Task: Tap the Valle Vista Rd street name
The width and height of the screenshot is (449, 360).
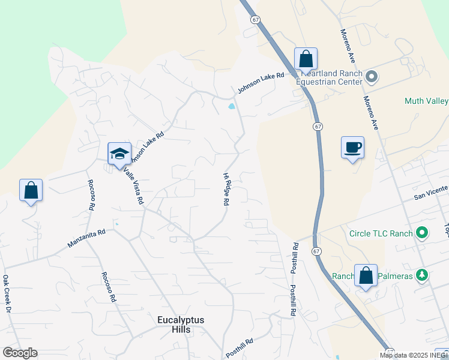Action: click(x=133, y=185)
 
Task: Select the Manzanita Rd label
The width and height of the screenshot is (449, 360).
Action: click(x=86, y=238)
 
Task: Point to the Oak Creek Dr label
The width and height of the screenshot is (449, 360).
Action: click(x=7, y=293)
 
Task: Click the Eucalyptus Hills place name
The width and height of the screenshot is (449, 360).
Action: click(x=181, y=325)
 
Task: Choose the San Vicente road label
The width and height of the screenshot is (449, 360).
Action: click(x=430, y=191)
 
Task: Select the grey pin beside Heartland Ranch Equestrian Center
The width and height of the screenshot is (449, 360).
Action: click(x=372, y=76)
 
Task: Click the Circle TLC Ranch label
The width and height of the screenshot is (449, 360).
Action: click(x=381, y=233)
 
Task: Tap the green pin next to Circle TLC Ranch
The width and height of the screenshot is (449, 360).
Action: click(x=422, y=233)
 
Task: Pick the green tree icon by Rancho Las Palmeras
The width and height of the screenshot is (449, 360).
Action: click(x=423, y=275)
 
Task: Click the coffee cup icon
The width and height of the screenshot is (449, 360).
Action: click(x=352, y=147)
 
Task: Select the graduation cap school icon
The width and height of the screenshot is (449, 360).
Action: click(x=119, y=154)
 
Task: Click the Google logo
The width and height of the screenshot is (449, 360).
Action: click(x=20, y=353)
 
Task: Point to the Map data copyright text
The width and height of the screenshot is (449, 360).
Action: click(x=414, y=355)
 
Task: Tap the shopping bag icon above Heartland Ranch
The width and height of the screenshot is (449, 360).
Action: click(x=306, y=59)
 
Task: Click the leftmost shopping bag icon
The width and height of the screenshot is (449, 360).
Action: click(x=31, y=190)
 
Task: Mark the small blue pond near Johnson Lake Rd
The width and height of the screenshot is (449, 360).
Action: click(x=231, y=108)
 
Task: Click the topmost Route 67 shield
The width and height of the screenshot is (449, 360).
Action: click(x=256, y=20)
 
